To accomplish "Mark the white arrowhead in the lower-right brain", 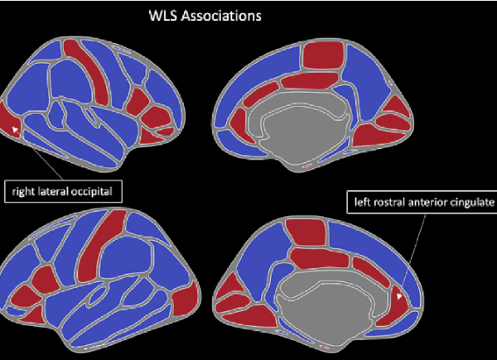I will (400, 293).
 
